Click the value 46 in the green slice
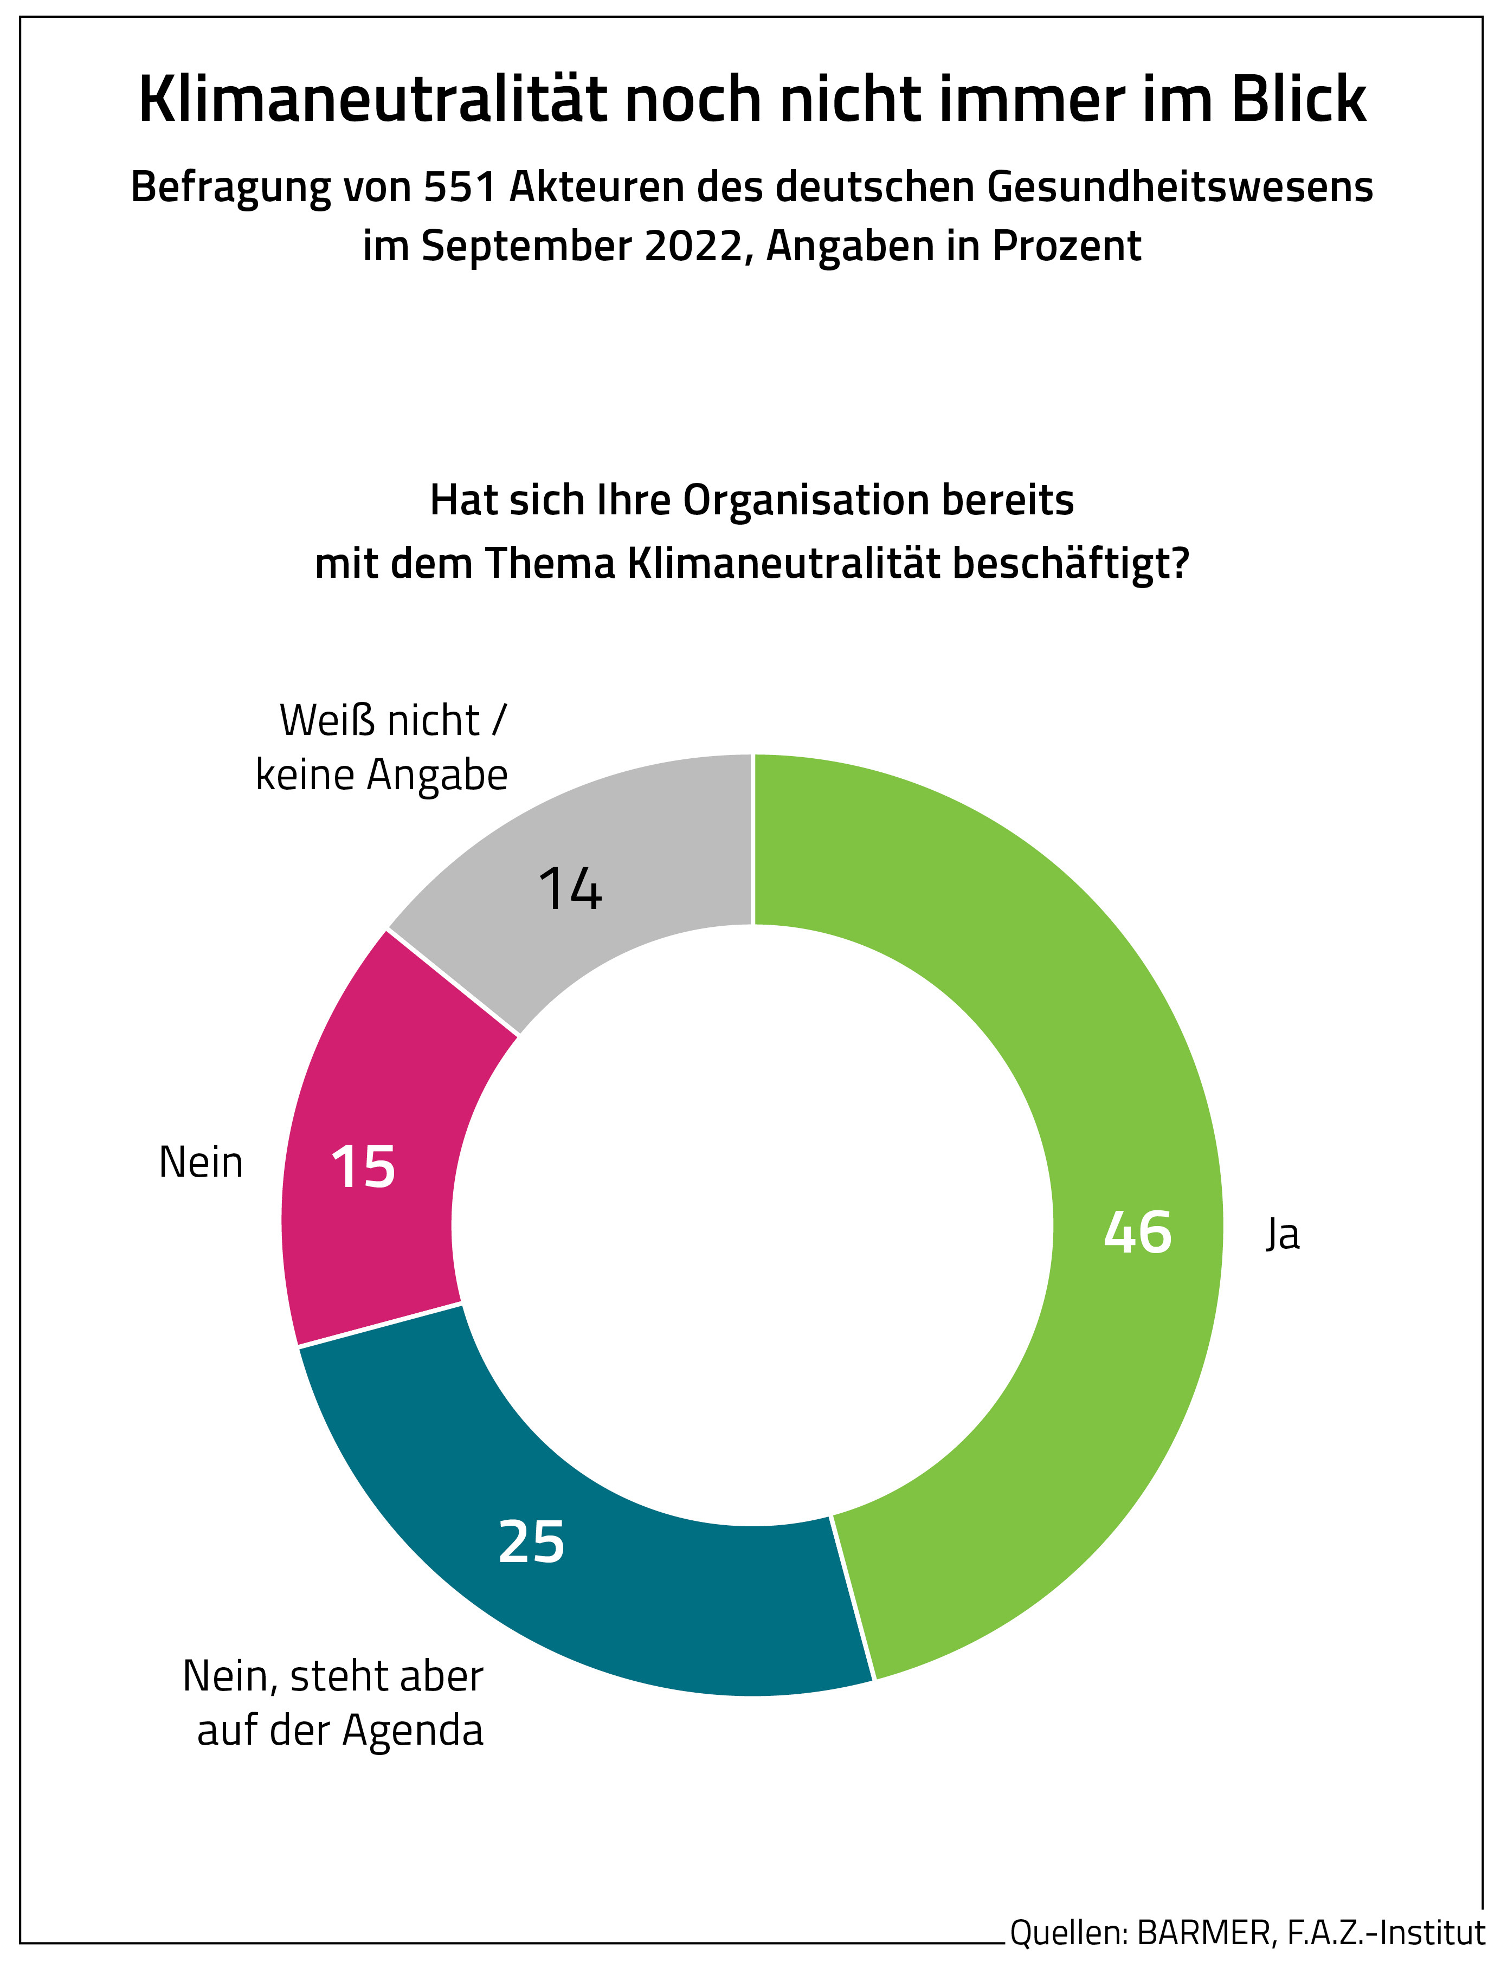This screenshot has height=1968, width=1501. point(1137,1234)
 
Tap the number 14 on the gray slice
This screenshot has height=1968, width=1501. point(570,890)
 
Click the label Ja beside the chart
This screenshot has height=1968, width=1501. point(1282,1235)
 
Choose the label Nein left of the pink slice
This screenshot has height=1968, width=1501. point(201,1163)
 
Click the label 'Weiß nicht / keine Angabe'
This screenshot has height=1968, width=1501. point(382,748)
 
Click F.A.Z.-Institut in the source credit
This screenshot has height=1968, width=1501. point(1385,1932)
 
